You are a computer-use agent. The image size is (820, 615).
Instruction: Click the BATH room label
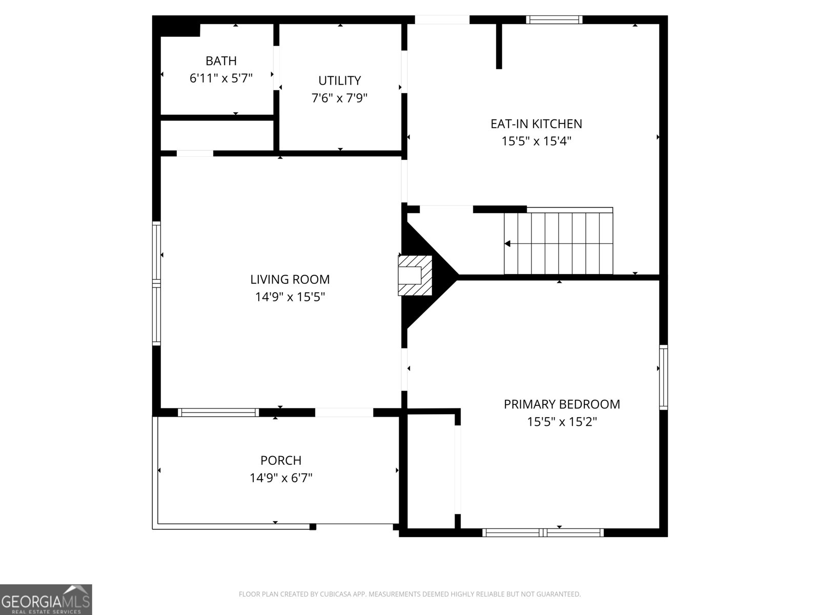pos(221,60)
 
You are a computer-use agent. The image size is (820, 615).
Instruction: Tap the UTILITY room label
pos(340,80)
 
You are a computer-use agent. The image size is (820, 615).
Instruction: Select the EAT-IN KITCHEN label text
pos(536,124)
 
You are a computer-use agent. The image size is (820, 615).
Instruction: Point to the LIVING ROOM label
pos(290,279)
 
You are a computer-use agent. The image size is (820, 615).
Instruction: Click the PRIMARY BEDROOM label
pos(562,404)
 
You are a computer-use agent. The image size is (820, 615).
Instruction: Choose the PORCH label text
pos(281,460)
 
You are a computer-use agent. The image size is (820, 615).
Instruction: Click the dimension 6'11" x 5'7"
pos(221,78)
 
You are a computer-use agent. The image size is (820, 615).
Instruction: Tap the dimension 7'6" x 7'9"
pos(340,98)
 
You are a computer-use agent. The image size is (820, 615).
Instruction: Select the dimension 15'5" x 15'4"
pos(536,141)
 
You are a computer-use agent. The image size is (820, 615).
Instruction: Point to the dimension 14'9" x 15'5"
pos(290,297)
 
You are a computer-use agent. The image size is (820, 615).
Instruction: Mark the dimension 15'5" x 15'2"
pos(562,422)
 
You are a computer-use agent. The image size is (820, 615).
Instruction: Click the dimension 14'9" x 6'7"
pos(281,478)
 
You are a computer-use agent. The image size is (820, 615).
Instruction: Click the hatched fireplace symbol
pos(415,276)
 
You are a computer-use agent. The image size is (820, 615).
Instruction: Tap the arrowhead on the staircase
pos(507,243)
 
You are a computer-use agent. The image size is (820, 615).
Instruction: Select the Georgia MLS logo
pos(46,599)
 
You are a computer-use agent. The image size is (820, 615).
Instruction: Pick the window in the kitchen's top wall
pos(555,19)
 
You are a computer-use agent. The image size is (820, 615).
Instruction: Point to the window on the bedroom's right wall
pos(664,377)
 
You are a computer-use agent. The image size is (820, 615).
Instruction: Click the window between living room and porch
pos(218,412)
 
